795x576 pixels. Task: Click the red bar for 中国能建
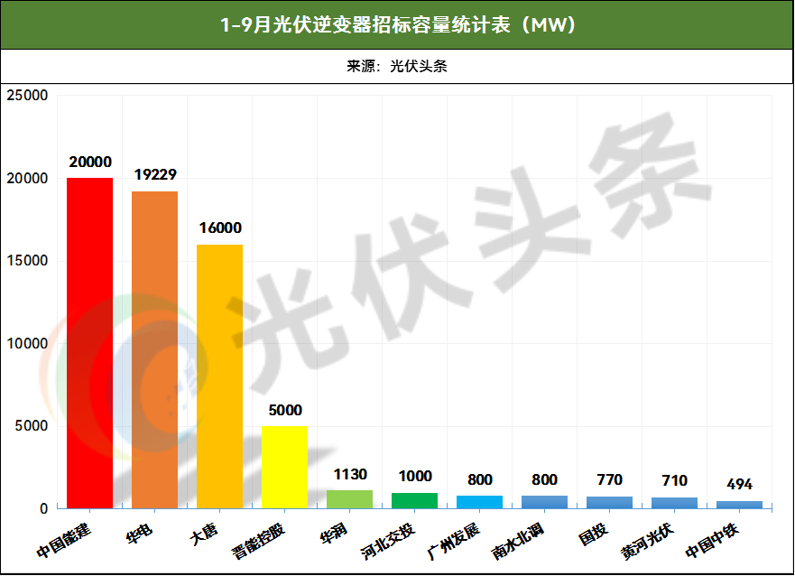[x=90, y=343]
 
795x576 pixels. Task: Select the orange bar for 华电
[x=154, y=349]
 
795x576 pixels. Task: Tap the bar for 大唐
[x=219, y=376]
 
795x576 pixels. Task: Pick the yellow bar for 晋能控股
[x=284, y=467]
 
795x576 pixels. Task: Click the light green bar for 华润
[x=349, y=499]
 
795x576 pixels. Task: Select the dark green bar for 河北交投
[x=414, y=500]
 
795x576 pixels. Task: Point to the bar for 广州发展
[x=479, y=502]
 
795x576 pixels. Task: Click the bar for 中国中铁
[x=739, y=505]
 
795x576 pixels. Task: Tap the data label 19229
[x=155, y=175]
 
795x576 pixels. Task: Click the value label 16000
[x=220, y=228]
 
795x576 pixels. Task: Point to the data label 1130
[x=350, y=474]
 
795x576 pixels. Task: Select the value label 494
[x=739, y=485]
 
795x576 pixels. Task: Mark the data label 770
[x=610, y=480]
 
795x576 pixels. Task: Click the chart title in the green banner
[x=397, y=24]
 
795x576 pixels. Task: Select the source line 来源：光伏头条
[x=397, y=66]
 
